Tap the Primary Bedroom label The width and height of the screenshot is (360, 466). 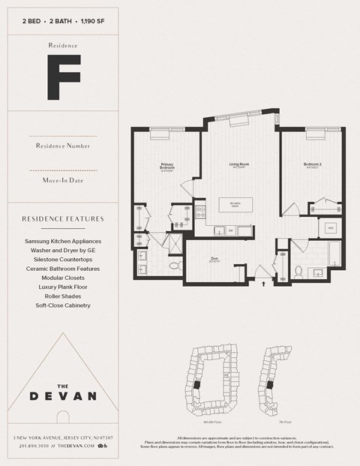[166, 167]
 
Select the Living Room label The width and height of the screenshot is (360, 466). [239, 165]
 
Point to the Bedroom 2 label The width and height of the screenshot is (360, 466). [313, 164]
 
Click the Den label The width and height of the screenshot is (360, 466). [214, 260]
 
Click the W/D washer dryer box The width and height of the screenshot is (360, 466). [330, 227]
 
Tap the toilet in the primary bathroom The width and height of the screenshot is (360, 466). [175, 265]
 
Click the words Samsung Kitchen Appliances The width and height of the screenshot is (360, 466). [63, 241]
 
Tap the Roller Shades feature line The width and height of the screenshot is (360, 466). [63, 296]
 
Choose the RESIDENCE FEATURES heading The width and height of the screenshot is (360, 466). [63, 219]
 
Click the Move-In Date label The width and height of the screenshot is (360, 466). [63, 181]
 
